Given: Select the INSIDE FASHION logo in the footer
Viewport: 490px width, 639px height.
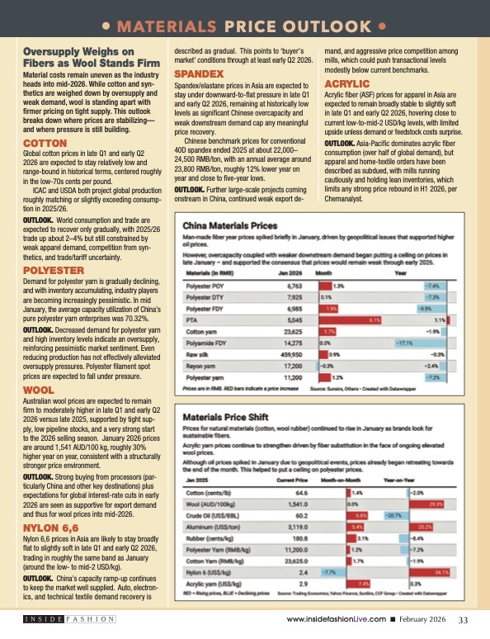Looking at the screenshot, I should pyautogui.click(x=68, y=620).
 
